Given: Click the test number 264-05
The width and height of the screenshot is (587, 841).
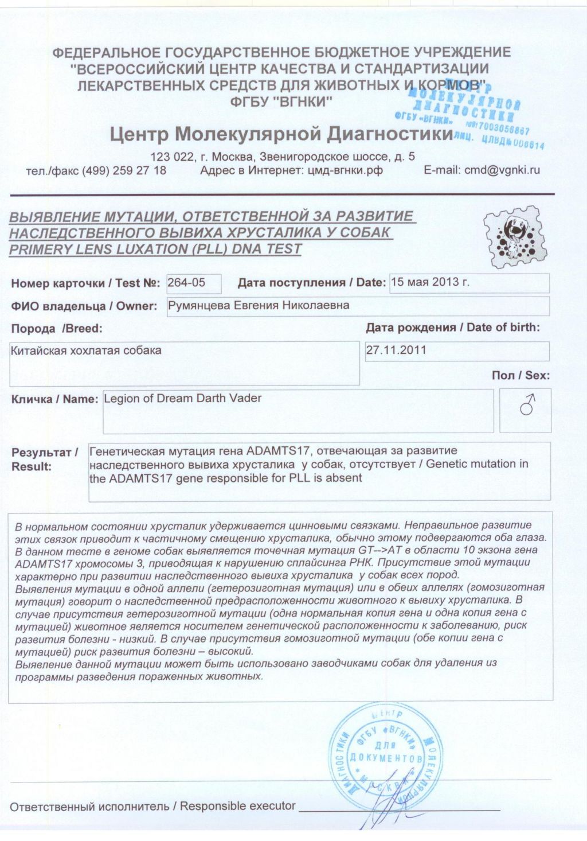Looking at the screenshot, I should click(186, 282).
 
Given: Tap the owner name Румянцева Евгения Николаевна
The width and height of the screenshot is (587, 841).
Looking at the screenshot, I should click(259, 305).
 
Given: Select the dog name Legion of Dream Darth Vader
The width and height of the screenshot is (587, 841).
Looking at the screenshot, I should click(182, 398).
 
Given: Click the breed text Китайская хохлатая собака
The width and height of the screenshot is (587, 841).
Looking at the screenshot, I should click(86, 350).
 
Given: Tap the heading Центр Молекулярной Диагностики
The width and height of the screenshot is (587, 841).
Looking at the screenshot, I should click(281, 135).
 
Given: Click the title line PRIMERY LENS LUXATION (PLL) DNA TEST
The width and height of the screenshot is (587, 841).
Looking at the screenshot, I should click(155, 249).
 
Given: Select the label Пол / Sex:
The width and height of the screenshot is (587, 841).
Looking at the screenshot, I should click(521, 376).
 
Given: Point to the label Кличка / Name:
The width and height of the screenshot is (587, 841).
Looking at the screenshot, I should click(55, 399).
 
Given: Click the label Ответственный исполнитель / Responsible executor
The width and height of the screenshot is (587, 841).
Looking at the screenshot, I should click(152, 806).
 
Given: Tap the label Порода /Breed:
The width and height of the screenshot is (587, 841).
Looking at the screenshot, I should click(56, 329).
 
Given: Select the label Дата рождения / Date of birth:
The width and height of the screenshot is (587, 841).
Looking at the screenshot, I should click(453, 328).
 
